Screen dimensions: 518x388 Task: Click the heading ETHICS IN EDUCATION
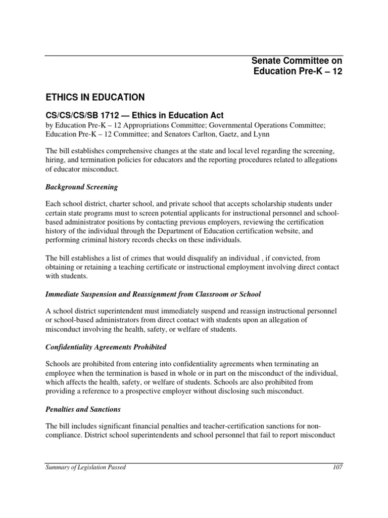click(95, 97)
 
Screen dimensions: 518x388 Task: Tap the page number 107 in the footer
click(337, 467)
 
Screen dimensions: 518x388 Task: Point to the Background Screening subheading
click(81, 187)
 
